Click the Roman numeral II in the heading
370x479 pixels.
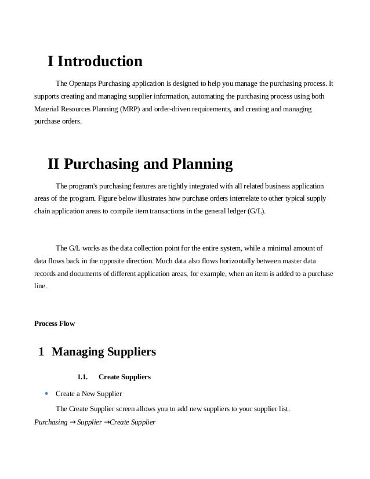pos(53,164)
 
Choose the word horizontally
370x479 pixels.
pos(217,261)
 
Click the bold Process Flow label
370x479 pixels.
pos(55,323)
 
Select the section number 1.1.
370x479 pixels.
pos(82,377)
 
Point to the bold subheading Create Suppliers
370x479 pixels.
pos(125,377)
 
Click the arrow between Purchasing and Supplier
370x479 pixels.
pos(72,422)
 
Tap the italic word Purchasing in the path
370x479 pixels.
pos(51,422)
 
